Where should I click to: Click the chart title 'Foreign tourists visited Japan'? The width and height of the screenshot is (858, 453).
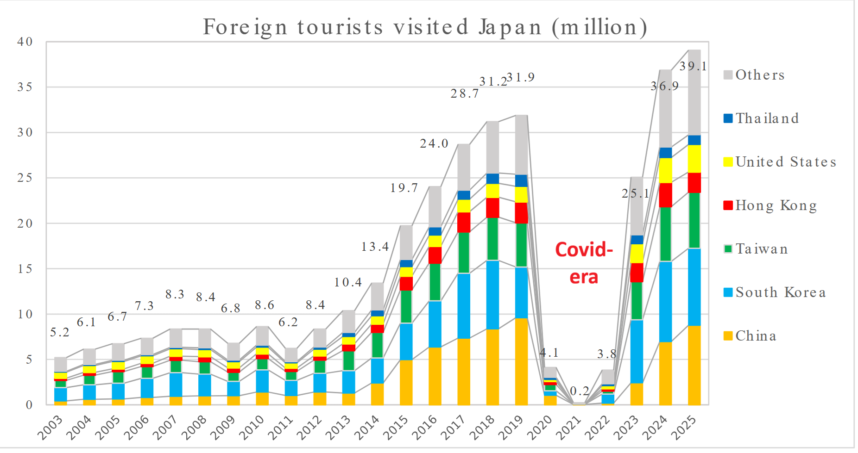pos(424,27)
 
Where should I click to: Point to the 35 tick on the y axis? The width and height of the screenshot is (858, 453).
pos(25,87)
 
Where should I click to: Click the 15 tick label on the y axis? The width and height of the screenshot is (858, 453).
pos(25,269)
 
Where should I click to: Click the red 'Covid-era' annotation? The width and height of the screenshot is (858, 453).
pos(584,263)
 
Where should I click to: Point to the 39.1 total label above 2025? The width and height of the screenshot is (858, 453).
pos(693,67)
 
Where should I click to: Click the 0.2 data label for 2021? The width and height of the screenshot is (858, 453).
pos(579,391)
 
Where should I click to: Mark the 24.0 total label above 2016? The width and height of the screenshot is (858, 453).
pos(434,144)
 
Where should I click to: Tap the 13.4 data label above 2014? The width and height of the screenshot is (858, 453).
pos(375,247)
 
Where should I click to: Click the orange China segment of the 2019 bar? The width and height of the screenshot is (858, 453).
pos(521,361)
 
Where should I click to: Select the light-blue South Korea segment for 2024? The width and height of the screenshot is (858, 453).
pos(665,302)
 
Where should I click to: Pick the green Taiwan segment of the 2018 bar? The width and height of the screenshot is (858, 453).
pos(492,239)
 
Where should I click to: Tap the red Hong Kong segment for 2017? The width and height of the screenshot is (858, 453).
pos(464,223)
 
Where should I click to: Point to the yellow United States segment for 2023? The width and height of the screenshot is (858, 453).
pos(637,254)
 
